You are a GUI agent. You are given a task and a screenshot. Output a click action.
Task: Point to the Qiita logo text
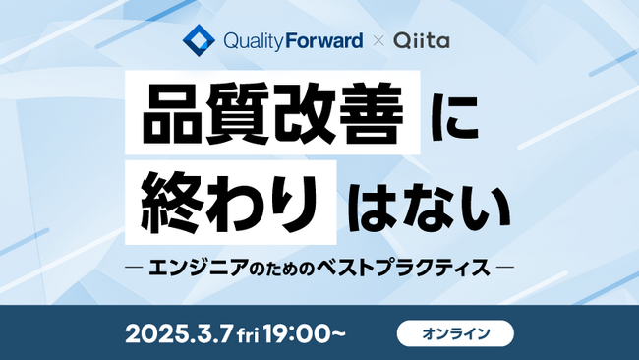point(421,43)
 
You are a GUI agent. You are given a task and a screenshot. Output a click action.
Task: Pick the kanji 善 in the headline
point(373,119)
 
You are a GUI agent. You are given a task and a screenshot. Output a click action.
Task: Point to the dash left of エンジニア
point(130,267)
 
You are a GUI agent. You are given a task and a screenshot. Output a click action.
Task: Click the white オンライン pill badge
point(455,333)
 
